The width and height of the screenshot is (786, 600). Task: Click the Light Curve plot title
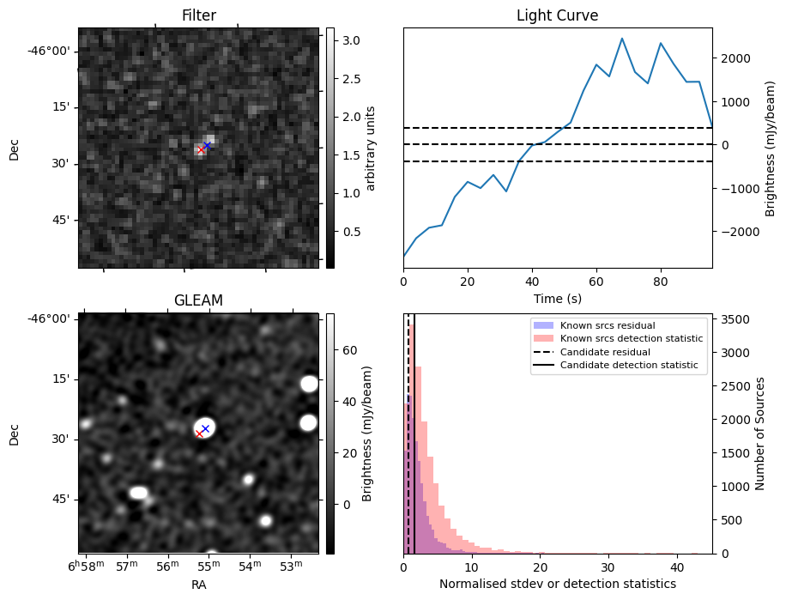coord(557,15)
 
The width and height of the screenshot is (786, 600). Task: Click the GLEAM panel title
coord(198,300)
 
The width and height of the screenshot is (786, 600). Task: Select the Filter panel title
coord(198,15)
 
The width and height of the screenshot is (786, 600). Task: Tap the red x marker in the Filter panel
coord(201,150)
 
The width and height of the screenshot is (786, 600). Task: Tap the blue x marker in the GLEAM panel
coord(205,428)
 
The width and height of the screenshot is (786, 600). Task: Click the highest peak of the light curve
coord(622,39)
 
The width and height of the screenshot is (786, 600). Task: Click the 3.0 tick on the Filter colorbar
coord(350,40)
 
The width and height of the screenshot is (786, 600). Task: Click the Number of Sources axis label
coord(759,433)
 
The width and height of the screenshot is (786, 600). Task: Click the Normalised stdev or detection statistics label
coord(557,584)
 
